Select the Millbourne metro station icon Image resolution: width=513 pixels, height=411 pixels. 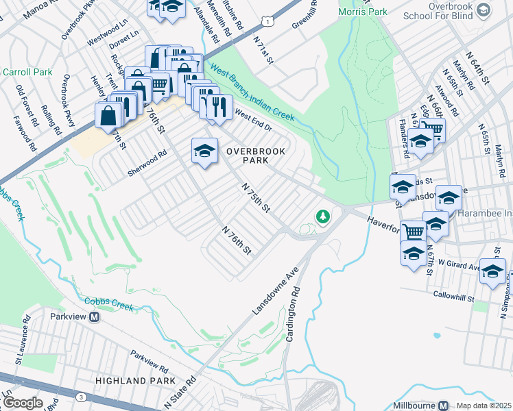[443, 406]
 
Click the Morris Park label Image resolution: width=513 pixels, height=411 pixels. [363, 12]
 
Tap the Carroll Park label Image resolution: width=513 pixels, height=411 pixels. [27, 71]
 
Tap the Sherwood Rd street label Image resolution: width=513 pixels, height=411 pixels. [147, 164]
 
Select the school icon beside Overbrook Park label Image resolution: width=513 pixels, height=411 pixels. [204, 152]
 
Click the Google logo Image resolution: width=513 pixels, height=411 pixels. [23, 403]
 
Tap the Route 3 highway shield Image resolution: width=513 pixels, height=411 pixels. [81, 397]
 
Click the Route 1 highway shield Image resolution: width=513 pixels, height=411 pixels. [272, 23]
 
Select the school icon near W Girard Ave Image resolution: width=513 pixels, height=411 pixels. [492, 272]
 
